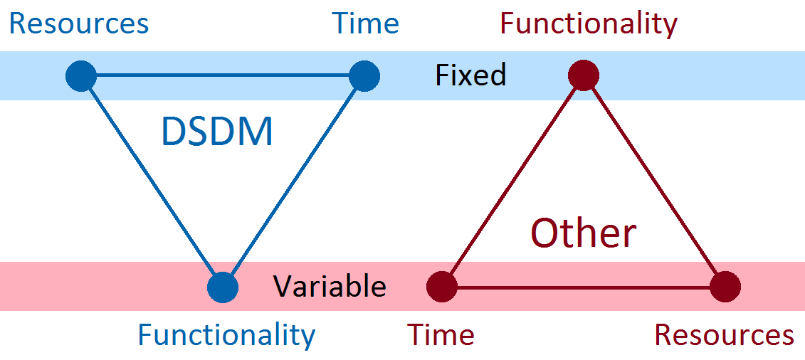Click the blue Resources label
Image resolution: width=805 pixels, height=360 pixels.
click(x=78, y=23)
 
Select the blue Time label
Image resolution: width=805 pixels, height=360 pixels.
click(x=366, y=23)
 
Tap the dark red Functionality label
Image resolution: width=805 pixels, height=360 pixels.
click(x=589, y=23)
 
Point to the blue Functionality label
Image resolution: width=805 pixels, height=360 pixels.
click(x=226, y=334)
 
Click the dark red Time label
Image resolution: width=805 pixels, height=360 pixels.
click(x=441, y=334)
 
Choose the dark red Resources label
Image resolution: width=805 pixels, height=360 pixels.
click(x=724, y=334)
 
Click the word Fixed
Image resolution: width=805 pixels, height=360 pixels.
click(x=470, y=75)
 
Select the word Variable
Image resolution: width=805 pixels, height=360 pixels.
click(x=330, y=287)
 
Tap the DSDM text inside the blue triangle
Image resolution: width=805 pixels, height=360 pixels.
click(x=217, y=132)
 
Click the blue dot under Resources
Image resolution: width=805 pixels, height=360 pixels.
click(x=80, y=75)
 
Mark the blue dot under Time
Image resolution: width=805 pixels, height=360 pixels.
click(x=364, y=75)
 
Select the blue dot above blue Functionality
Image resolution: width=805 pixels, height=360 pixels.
click(x=223, y=287)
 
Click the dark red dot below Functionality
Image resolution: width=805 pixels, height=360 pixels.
click(x=584, y=75)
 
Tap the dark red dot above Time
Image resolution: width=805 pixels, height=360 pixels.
click(x=441, y=287)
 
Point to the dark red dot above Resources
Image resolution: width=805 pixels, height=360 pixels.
click(x=725, y=287)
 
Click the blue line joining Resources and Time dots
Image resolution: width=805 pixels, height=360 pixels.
click(x=222, y=75)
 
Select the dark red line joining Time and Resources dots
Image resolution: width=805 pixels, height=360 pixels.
click(x=584, y=287)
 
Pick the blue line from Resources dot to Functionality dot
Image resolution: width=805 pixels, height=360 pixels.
click(x=152, y=181)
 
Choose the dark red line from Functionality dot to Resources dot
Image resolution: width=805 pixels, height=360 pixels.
click(x=655, y=181)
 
